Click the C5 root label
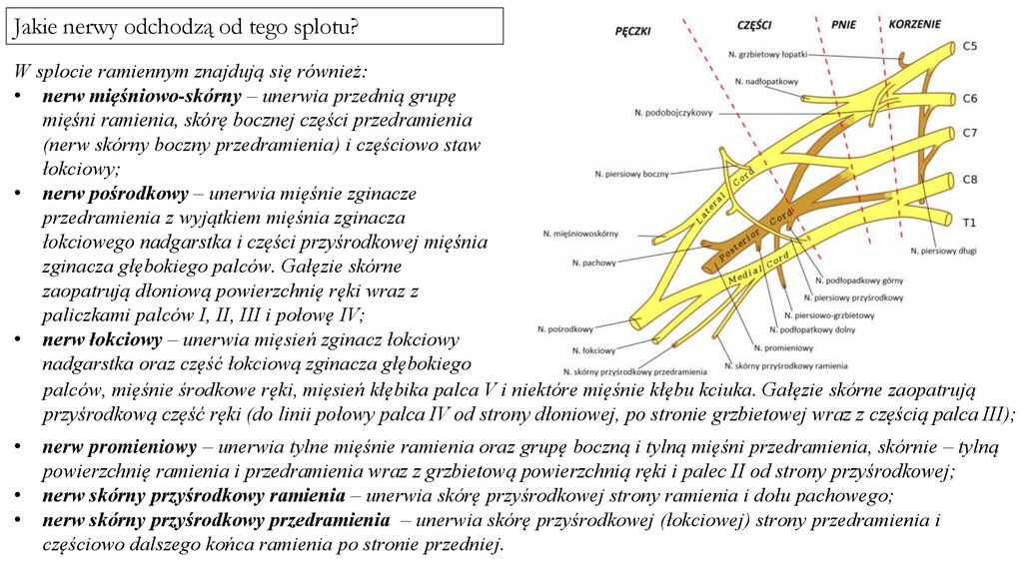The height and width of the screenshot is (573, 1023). pyautogui.click(x=971, y=46)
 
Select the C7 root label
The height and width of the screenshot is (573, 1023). pyautogui.click(x=970, y=132)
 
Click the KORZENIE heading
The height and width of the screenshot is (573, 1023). pyautogui.click(x=911, y=22)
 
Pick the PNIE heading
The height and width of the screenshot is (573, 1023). pyautogui.click(x=843, y=22)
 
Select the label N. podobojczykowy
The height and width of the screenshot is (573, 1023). pyautogui.click(x=673, y=113)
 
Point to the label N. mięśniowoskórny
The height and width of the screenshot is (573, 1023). pyautogui.click(x=580, y=233)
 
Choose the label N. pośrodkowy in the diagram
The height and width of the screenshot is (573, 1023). pyautogui.click(x=565, y=328)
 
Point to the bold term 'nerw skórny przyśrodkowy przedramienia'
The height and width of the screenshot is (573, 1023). pyautogui.click(x=215, y=520)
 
